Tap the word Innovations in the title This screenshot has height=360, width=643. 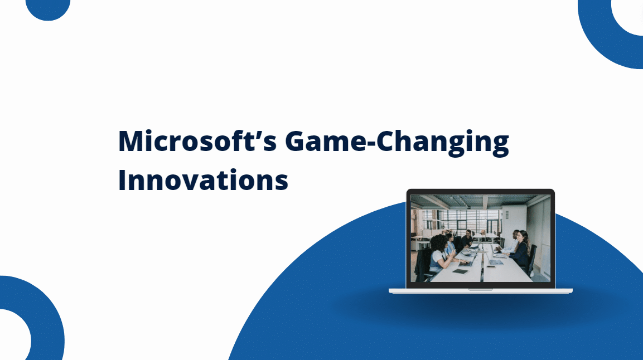(203, 181)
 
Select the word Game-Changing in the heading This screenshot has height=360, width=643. (397, 143)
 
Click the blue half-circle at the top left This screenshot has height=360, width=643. (48, 8)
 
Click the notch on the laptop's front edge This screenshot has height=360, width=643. (480, 289)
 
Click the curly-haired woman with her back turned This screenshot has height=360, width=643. (439, 251)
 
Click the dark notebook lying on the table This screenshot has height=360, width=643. (461, 271)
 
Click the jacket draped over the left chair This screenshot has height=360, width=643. (423, 262)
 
